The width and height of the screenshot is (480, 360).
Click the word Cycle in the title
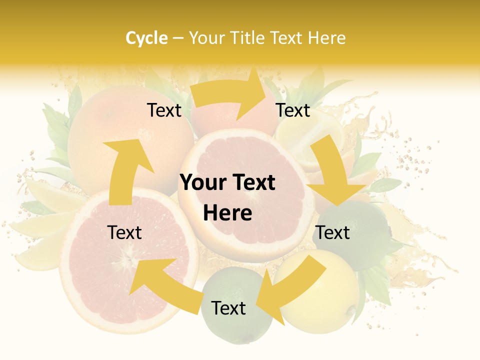coord(146,38)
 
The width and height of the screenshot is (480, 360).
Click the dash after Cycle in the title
coord(177,38)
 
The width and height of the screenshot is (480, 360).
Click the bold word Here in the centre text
coord(227,213)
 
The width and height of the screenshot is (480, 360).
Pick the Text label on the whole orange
coord(164,110)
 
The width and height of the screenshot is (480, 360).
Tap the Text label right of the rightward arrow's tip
coord(293,110)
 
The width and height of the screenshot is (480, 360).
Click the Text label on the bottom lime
coord(228,308)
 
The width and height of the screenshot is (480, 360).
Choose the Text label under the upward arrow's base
coord(124,232)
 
